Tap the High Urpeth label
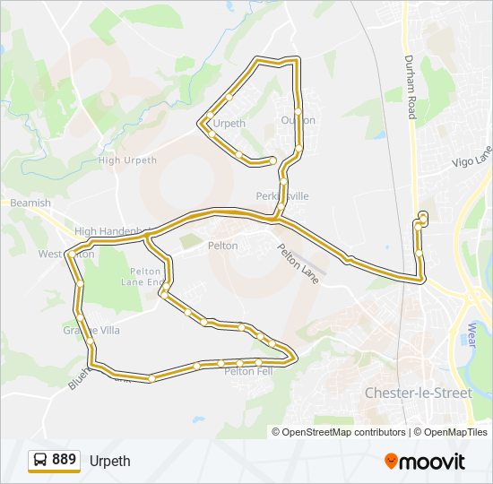(x=127, y=160)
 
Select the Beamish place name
(x=30, y=203)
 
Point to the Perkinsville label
(x=282, y=195)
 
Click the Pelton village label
(x=222, y=246)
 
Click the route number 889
(x=64, y=460)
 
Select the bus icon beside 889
(x=40, y=461)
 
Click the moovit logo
(x=425, y=461)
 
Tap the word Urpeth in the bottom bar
(x=109, y=461)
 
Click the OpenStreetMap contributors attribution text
(x=344, y=432)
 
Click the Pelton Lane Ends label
(x=144, y=276)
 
